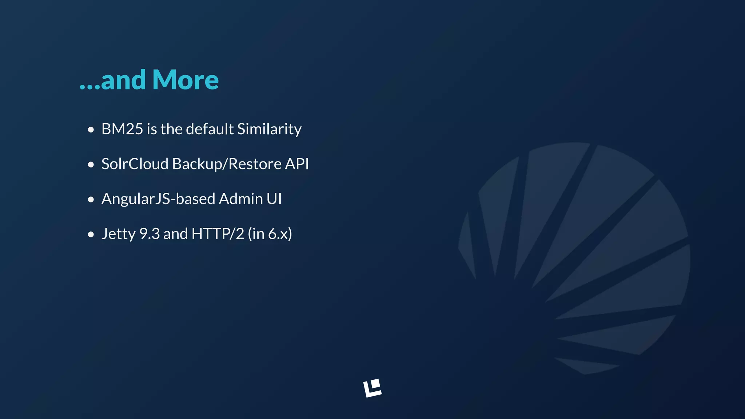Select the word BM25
[x=122, y=129]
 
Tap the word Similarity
[x=269, y=129]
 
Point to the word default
[x=210, y=129]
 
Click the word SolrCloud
[x=135, y=164]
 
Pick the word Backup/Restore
[x=227, y=164]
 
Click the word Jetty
[x=118, y=234]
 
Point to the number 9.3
[x=150, y=234]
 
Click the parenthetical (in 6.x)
[x=270, y=234]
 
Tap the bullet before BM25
[x=91, y=130]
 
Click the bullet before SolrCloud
[x=91, y=165]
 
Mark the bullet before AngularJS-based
[x=91, y=200]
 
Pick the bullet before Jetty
[x=91, y=235]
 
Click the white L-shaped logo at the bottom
[x=372, y=388]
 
